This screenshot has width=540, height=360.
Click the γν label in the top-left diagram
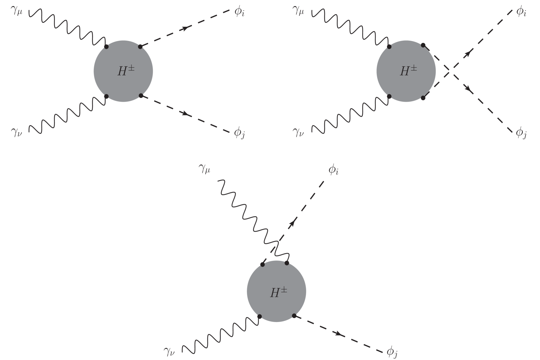coord(17,133)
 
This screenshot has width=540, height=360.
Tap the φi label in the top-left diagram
coord(239,13)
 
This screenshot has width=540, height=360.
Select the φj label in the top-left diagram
coord(239,133)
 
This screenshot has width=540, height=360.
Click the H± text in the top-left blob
coord(126,71)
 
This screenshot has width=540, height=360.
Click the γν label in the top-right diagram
coord(298,133)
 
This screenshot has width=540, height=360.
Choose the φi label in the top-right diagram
coord(521,13)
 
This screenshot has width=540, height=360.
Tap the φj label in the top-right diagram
coord(521,133)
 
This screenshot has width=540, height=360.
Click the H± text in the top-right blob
coord(409,71)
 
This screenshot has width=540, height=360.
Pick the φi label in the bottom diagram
coord(333,171)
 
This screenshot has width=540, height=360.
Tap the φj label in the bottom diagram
coord(392,352)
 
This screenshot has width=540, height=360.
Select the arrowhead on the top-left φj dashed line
coord(187,114)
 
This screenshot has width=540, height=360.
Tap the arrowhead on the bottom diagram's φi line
coord(292,224)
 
